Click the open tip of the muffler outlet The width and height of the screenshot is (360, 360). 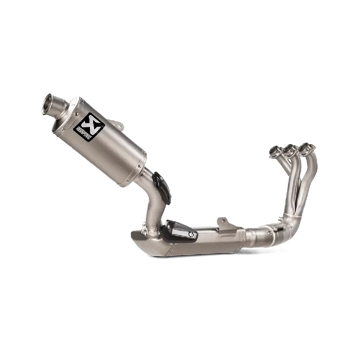pos(49,103)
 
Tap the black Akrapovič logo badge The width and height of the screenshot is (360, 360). pos(89,127)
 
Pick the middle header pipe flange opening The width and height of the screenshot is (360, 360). pos(289,150)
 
